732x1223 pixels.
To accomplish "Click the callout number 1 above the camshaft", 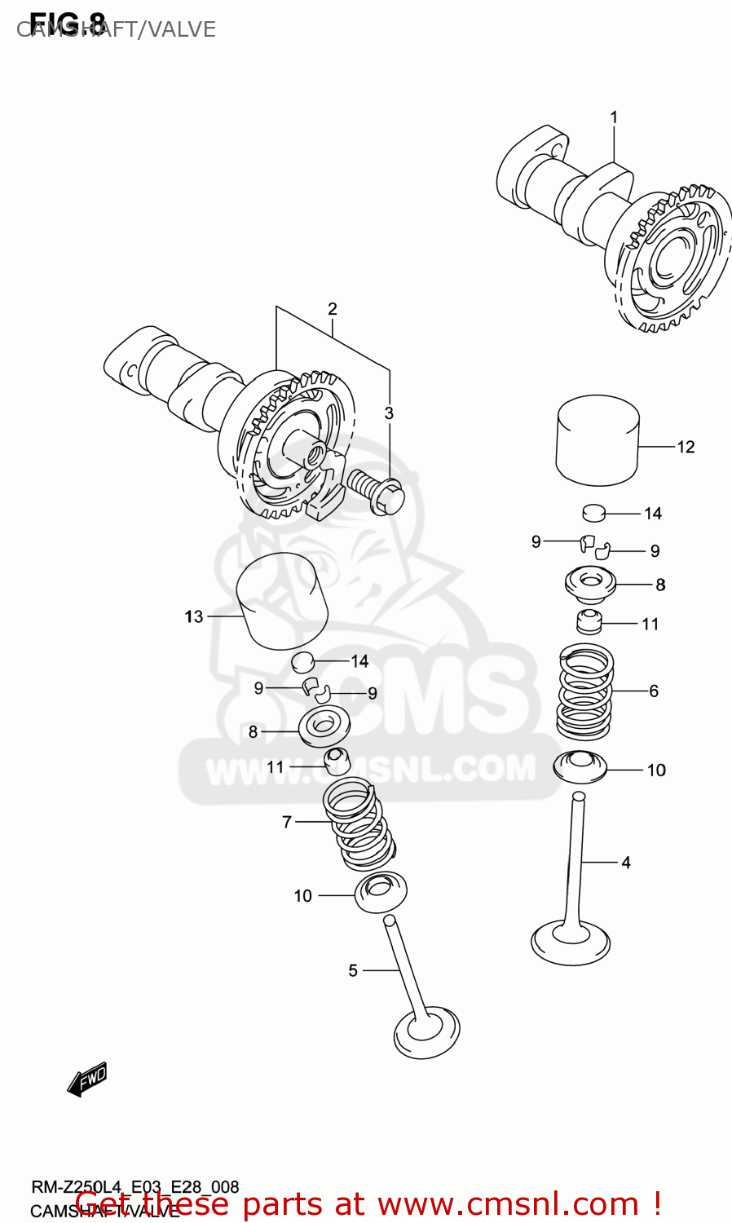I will tap(614, 117).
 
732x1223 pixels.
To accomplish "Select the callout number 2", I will tap(333, 309).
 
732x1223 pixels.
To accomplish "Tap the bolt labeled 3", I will tap(377, 491).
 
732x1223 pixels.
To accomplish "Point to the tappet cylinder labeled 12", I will tap(597, 440).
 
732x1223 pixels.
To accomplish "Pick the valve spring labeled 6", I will tap(584, 691).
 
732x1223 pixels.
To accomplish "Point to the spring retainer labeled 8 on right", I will tap(590, 584).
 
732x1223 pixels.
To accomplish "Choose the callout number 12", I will tap(686, 447).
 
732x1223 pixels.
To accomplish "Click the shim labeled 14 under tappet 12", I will tap(594, 513).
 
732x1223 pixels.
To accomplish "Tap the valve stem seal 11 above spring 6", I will tap(589, 622).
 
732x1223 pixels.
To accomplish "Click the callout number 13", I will tap(193, 616).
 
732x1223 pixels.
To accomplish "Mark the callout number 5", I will tap(353, 970).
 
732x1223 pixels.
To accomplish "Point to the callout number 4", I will tap(625, 862).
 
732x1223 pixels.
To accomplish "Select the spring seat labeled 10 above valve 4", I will tap(580, 766).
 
